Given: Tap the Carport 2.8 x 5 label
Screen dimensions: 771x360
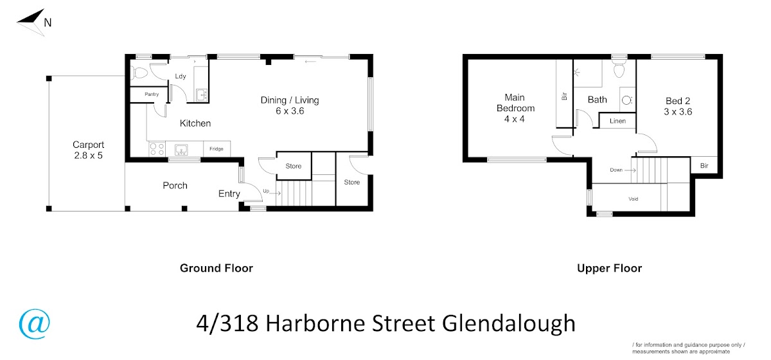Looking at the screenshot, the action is tap(88, 150).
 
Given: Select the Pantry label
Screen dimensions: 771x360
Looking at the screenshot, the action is tap(152, 94).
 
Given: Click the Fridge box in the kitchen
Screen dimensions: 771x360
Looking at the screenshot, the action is tap(217, 148).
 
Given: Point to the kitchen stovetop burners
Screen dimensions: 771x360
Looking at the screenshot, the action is tap(157, 150).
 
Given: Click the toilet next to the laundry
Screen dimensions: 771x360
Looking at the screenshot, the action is tap(140, 73).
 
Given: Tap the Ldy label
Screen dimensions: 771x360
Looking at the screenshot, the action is tap(181, 76).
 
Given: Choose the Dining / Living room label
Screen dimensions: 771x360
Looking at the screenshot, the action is tap(290, 100).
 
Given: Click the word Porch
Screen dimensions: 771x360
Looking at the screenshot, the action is tap(175, 185).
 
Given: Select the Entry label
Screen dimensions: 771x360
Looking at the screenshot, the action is tap(229, 194).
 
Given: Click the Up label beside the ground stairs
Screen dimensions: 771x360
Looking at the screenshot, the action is tap(266, 191).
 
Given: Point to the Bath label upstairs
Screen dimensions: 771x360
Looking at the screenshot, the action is tap(597, 100).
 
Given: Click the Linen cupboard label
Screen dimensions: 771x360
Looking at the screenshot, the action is tap(617, 121).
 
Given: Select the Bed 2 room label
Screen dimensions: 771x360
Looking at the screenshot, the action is tap(678, 101).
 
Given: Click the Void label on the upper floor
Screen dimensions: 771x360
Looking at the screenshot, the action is tap(634, 199).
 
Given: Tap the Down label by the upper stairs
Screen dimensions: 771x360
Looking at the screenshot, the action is tap(616, 170).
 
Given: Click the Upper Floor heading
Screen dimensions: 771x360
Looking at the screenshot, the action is tap(609, 268).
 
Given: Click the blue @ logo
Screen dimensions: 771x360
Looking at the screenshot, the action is tap(35, 324).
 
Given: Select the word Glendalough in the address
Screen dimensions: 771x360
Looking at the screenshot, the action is tap(509, 324).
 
